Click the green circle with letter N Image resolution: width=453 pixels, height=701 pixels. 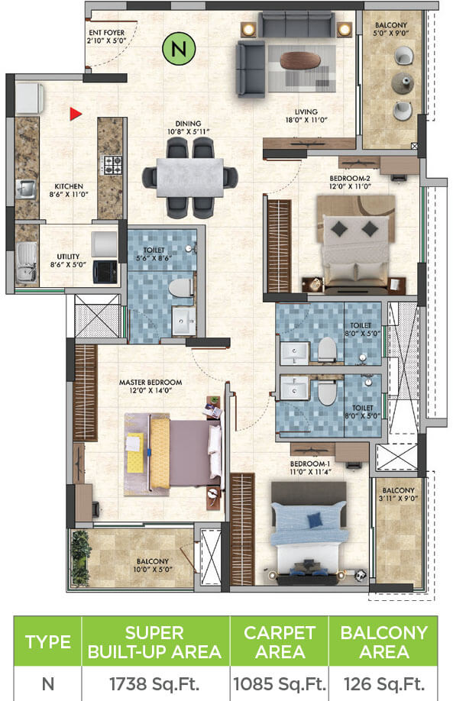[x=180, y=50]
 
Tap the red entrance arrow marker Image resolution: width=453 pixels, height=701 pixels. [x=75, y=115]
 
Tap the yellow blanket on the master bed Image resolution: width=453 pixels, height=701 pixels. [x=160, y=451]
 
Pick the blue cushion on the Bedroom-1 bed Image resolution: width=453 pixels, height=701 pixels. [x=314, y=520]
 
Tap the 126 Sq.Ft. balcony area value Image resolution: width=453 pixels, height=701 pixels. [x=383, y=680]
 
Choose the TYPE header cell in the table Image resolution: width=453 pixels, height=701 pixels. [x=49, y=641]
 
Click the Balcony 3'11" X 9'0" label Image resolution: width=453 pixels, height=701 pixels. [x=398, y=495]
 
